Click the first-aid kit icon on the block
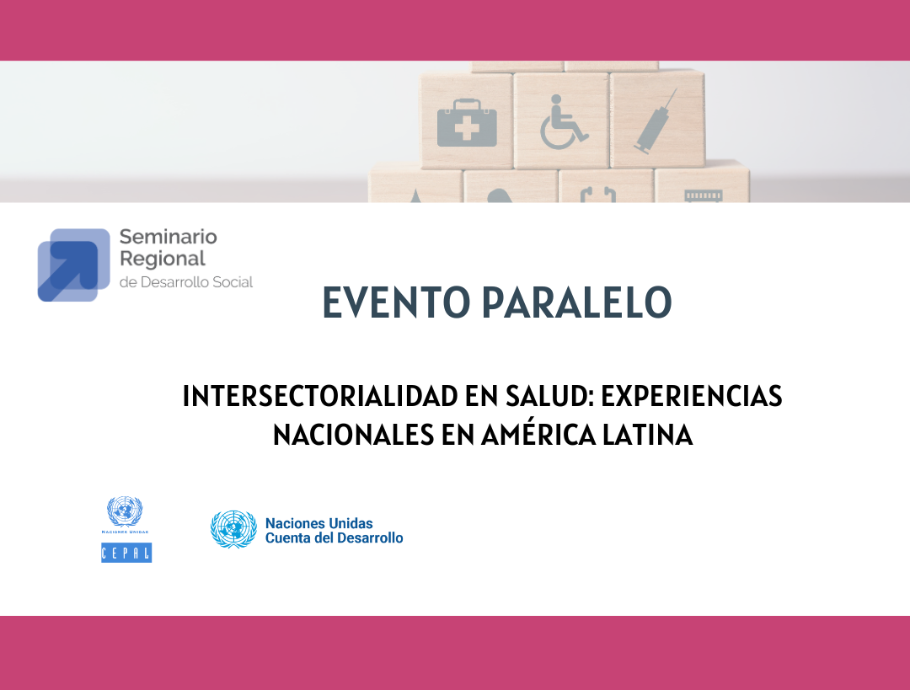[x=467, y=123]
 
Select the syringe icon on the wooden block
[x=656, y=121]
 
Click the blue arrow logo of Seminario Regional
[x=73, y=265]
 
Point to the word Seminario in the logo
[x=169, y=237]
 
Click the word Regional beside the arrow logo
[x=163, y=259]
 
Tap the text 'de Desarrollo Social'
[x=186, y=282]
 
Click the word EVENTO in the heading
[x=396, y=302]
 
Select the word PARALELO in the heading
[x=576, y=302]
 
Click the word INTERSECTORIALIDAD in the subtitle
[x=320, y=396]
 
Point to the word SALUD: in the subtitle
[x=549, y=396]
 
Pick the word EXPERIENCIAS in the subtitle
[x=692, y=396]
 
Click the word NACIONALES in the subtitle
[x=353, y=435]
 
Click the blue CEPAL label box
[x=126, y=553]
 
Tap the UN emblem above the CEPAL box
[x=125, y=511]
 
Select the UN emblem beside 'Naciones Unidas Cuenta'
[x=233, y=529]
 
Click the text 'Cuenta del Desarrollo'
[x=335, y=538]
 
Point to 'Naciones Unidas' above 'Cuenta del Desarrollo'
[x=319, y=523]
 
